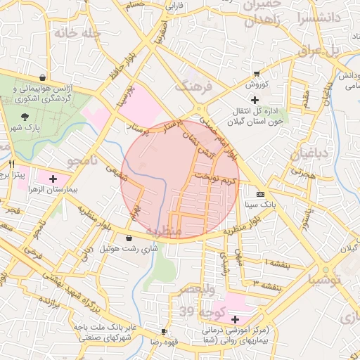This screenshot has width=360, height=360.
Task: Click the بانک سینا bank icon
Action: click(261, 195)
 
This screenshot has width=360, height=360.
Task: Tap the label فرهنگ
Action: click(192, 86)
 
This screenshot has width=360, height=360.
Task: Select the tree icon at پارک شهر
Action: click(25, 116)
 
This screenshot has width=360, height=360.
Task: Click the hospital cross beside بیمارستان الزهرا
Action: click(72, 179)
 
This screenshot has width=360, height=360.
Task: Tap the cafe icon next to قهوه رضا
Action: click(164, 331)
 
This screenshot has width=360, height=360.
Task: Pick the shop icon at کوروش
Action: click(257, 73)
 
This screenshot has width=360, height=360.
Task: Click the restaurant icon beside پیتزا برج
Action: click(12, 163)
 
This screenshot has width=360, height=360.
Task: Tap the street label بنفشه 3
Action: click(268, 285)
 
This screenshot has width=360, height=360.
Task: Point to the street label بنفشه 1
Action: click(269, 262)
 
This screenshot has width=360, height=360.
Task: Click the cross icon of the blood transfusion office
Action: click(255, 101)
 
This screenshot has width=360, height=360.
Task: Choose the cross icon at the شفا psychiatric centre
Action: click(235, 320)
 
